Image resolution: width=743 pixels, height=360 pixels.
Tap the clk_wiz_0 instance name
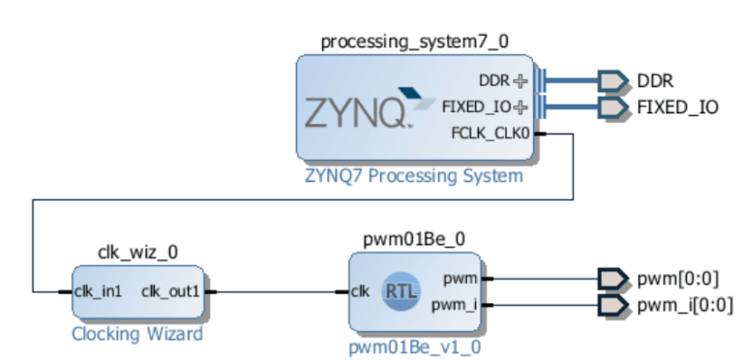coord(138,253)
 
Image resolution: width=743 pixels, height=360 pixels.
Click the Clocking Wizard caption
coord(138,335)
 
